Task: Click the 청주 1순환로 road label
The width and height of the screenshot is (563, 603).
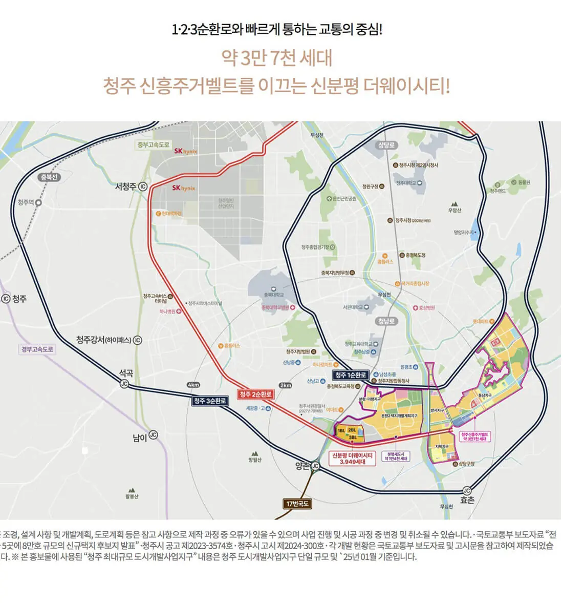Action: coord(350,375)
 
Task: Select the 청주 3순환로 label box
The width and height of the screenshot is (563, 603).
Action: coord(210,401)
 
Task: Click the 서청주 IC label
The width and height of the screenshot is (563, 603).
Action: coord(131,186)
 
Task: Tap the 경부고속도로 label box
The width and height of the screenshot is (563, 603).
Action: coord(37,350)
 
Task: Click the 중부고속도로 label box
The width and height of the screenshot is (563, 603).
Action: coord(153,145)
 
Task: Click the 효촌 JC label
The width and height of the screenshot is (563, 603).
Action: coord(467,497)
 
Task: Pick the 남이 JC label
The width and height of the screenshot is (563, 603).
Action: coord(145,437)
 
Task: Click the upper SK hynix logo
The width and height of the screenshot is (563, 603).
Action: coord(185,152)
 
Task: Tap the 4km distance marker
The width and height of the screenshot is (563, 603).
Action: coord(193,385)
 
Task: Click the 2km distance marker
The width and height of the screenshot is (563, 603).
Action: coord(286,385)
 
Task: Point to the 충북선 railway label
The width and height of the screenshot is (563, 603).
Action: coord(50,177)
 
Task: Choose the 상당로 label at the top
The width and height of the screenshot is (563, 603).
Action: coord(387,145)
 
